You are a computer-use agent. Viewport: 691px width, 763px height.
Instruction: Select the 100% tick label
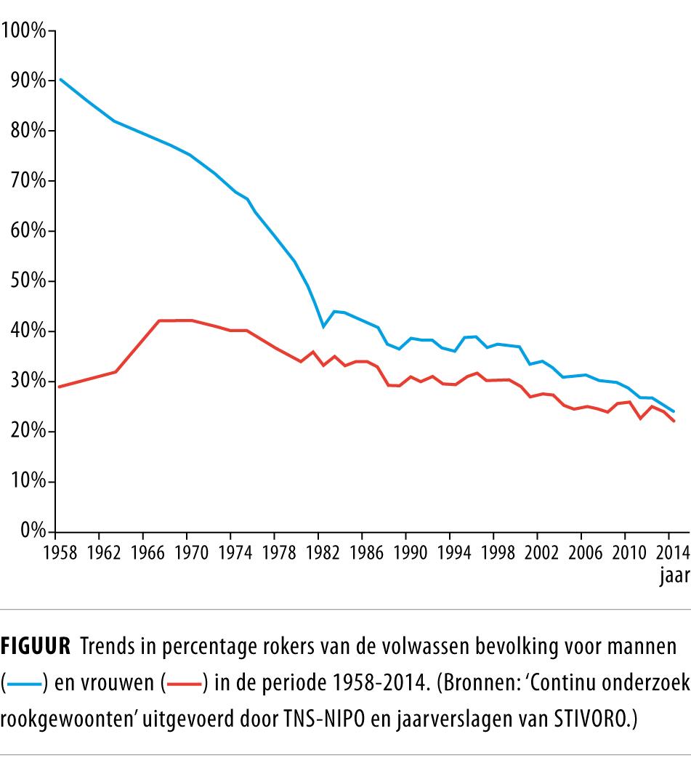click(22, 31)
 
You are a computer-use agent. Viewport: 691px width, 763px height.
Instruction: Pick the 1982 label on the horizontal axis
click(323, 552)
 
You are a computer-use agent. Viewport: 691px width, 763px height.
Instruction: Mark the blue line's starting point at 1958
click(60, 79)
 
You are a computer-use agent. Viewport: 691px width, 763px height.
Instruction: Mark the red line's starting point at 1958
click(60, 387)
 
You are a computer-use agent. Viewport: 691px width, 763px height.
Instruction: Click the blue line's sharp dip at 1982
click(323, 326)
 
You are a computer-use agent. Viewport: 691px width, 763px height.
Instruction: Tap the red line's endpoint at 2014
click(674, 421)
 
